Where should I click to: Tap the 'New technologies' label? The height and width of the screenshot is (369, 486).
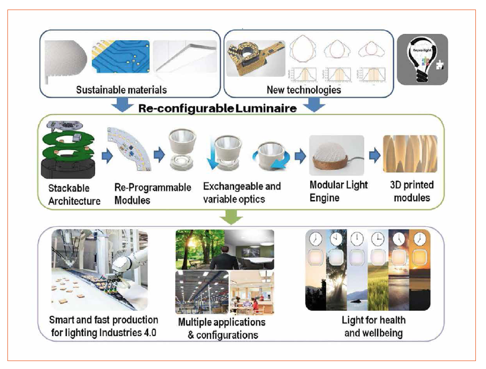point(303,90)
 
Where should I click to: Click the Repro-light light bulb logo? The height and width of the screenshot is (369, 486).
point(422,59)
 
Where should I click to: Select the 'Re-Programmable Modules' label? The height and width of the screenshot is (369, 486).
point(153,194)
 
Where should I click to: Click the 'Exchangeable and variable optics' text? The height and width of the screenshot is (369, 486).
point(242,193)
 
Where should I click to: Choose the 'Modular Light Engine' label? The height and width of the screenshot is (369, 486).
point(340,191)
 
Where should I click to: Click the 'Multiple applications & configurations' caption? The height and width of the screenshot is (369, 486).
point(222,328)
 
